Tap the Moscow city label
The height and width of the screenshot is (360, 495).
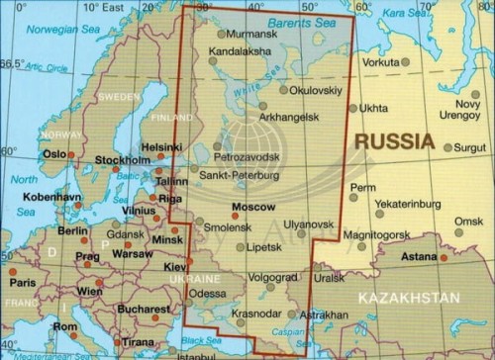click(251, 207)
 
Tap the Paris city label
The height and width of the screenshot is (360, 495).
click(22, 282)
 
